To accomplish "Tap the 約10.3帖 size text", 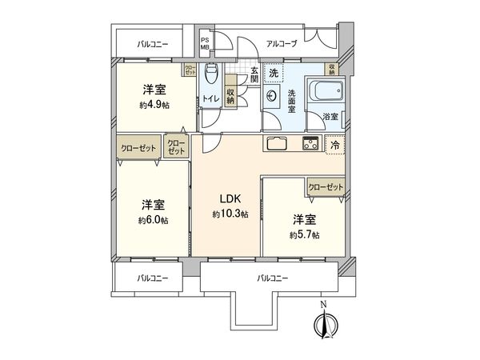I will point(230,214).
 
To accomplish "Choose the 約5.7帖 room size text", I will point(305,234).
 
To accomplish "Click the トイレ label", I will point(210,98).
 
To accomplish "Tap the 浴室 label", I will point(330,117).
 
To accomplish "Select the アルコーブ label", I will point(282,43).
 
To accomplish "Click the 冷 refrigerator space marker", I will point(335,145).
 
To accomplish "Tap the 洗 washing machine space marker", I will point(273,73).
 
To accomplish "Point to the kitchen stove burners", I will point(310,144).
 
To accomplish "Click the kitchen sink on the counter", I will point(277,144).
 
